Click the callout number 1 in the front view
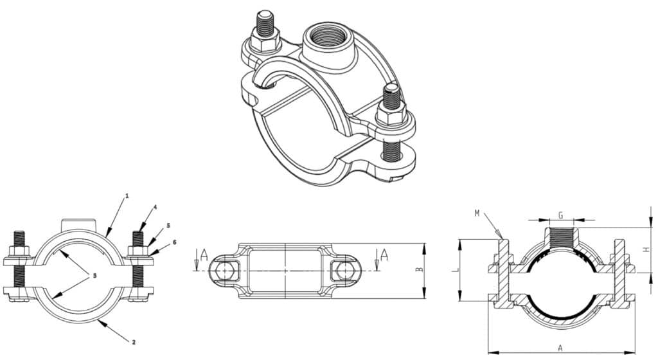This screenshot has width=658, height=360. pyautogui.click(x=127, y=195)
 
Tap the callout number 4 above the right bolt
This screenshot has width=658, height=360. pyautogui.click(x=155, y=207)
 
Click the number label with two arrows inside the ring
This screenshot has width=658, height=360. pyautogui.click(x=94, y=275)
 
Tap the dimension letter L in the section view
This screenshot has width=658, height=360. pyautogui.click(x=456, y=271)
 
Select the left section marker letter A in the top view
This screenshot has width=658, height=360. pyautogui.click(x=204, y=255)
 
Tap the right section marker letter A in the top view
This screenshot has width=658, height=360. pyautogui.click(x=384, y=255)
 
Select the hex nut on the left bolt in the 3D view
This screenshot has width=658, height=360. pyautogui.click(x=263, y=42)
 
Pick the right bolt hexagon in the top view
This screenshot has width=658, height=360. pyautogui.click(x=342, y=271)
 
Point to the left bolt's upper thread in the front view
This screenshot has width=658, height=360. pyautogui.click(x=18, y=239)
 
